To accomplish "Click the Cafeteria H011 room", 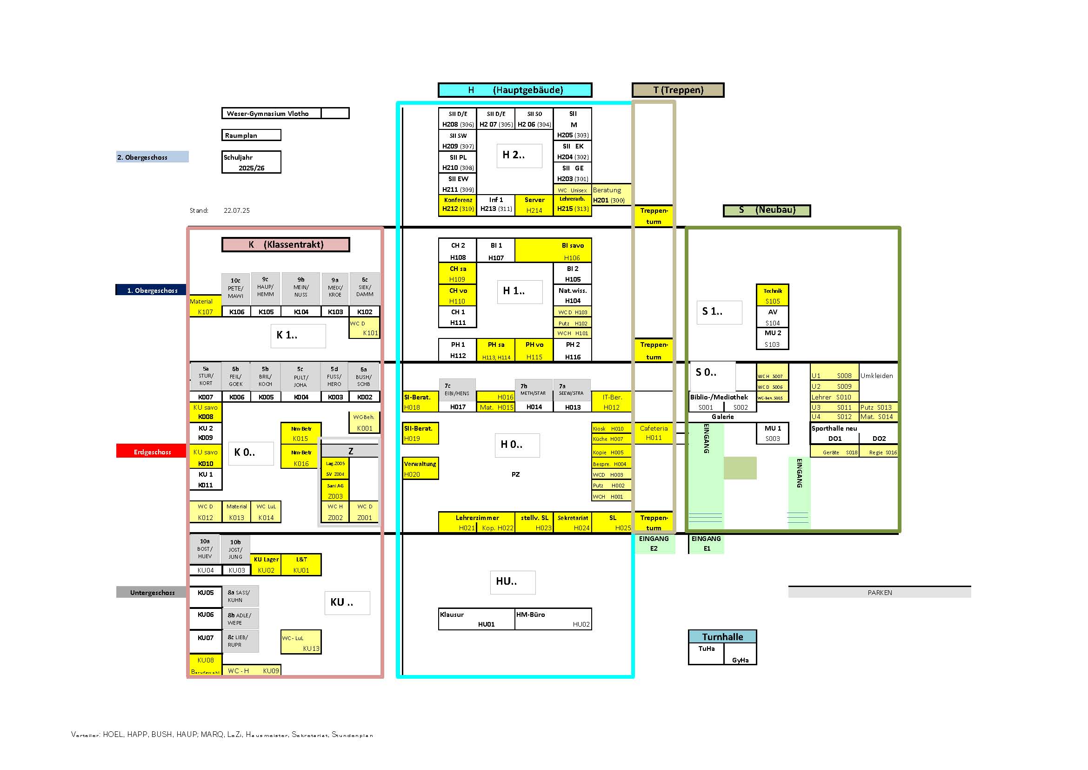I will tap(654, 433).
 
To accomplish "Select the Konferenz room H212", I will tap(458, 205).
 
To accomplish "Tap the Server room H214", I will tap(534, 205).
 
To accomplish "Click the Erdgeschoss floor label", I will tap(152, 452).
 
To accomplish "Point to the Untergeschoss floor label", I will tap(152, 592).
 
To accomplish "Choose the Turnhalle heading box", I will tap(722, 637).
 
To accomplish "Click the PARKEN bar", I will tap(879, 592).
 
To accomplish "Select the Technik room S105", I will tap(773, 296).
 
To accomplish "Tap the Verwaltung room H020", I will tap(421, 468).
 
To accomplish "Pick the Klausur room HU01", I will tap(476, 619).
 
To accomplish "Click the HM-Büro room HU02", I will tap(553, 619).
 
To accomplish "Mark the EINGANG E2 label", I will tap(654, 543).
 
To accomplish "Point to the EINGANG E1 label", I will tap(706, 543).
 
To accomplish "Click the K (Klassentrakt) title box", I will tap(286, 245).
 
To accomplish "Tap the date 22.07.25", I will tap(236, 210).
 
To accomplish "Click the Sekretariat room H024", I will tap(573, 522).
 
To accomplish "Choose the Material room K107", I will tap(205, 306).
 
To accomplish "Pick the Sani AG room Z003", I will tap(335, 491).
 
